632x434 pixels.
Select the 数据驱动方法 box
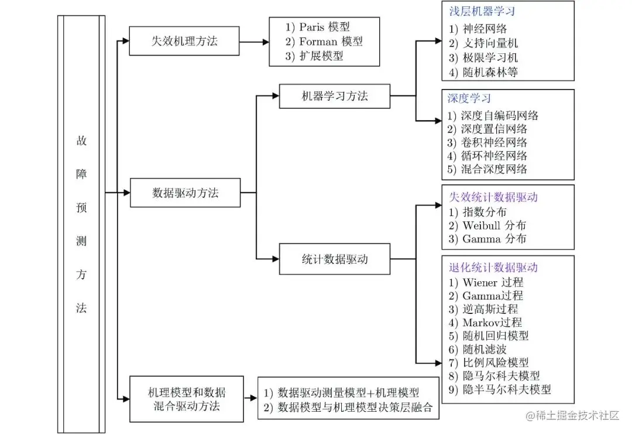(x=185, y=192)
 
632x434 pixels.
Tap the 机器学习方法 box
(x=334, y=96)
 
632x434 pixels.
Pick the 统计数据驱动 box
(x=334, y=258)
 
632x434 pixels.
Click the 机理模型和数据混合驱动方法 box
(x=187, y=399)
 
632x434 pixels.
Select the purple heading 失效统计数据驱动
(x=493, y=197)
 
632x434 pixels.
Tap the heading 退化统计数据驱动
(x=493, y=268)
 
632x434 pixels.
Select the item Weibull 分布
(x=494, y=225)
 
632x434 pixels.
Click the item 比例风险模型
(x=495, y=363)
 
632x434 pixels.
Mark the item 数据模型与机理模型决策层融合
(x=355, y=408)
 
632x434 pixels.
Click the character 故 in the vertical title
(x=81, y=141)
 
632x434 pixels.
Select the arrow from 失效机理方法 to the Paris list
(x=254, y=42)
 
